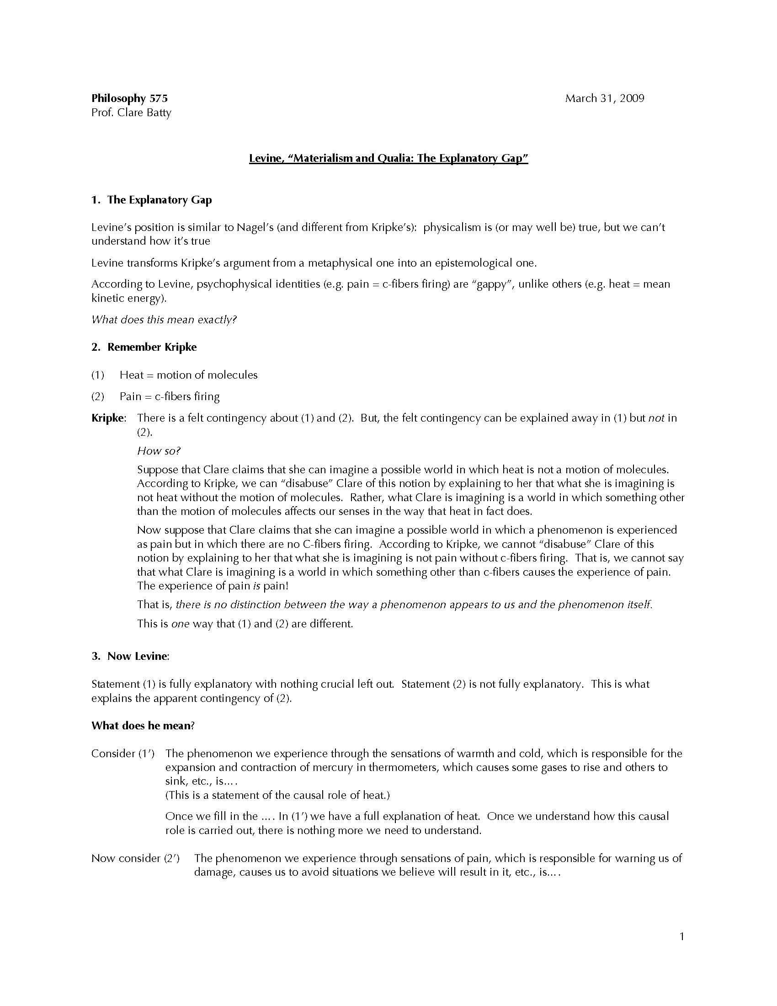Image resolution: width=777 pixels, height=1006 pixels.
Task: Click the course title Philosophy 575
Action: (x=129, y=98)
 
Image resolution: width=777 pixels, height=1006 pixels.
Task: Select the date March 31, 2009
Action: (x=604, y=98)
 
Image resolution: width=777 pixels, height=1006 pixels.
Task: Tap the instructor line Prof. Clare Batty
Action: (x=131, y=112)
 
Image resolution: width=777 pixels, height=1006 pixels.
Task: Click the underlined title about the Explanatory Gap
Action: (x=388, y=158)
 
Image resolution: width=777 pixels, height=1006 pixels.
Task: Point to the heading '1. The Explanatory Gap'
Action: (x=151, y=200)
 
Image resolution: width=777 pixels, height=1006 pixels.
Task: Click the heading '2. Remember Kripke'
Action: (x=144, y=347)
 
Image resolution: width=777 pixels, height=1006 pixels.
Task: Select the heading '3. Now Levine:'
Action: (x=130, y=656)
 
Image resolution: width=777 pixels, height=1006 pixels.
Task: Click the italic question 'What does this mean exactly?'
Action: (x=164, y=319)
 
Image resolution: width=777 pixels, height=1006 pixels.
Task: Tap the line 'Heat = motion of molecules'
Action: (x=188, y=375)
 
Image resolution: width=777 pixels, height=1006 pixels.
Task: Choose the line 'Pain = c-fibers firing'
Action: (x=170, y=396)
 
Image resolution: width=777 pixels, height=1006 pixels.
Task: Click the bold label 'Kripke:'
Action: (x=109, y=418)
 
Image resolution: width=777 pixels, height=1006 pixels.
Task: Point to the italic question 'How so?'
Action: (x=159, y=451)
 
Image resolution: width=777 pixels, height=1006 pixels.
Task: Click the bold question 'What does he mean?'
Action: (x=143, y=726)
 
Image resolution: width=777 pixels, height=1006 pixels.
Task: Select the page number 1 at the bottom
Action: (x=682, y=936)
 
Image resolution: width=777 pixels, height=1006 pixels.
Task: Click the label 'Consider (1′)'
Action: (x=122, y=754)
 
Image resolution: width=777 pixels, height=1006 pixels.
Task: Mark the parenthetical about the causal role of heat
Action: (x=277, y=795)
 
